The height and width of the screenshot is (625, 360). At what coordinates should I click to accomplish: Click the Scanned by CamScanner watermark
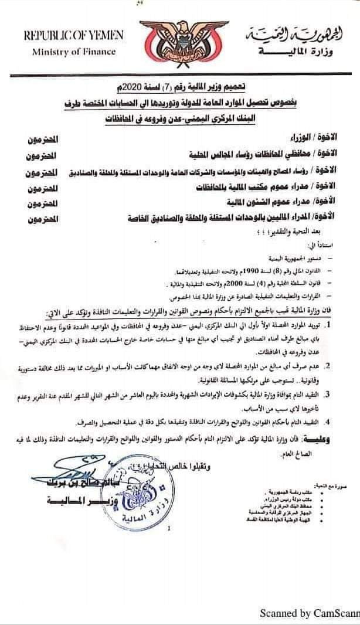click(310, 613)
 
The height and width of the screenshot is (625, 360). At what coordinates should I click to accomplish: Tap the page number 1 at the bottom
click(169, 529)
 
